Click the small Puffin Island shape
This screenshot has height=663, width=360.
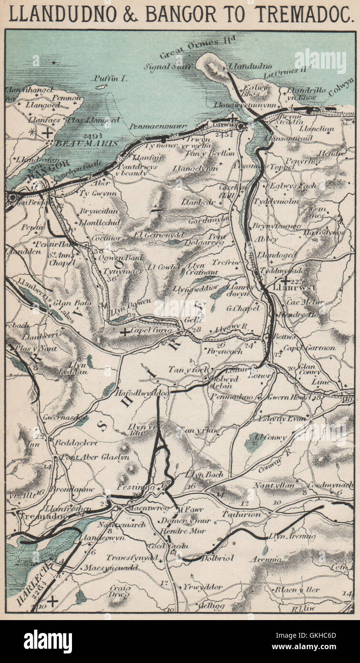tap(101, 87)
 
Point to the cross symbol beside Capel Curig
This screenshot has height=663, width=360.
tap(124, 331)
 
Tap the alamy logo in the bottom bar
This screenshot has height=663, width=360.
tap(48, 642)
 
